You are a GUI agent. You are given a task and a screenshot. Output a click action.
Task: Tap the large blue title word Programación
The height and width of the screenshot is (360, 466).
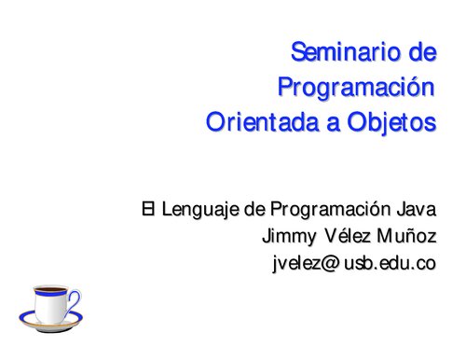click(x=357, y=89)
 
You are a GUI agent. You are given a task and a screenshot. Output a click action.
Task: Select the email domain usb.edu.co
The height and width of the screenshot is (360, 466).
click(x=390, y=264)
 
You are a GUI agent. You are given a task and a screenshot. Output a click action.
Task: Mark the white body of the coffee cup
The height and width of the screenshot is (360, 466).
click(x=48, y=307)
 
